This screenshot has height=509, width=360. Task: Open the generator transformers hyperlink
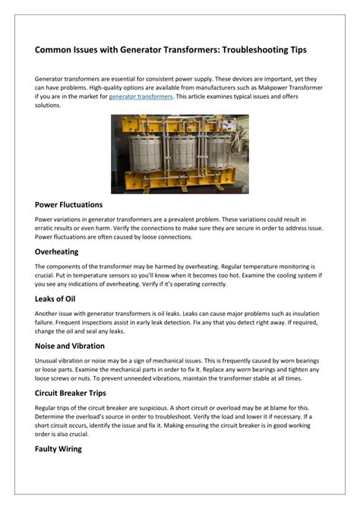pyautogui.click(x=141, y=97)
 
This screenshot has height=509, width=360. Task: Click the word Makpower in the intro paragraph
pyautogui.click(x=272, y=88)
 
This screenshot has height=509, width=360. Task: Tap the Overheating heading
pyautogui.click(x=57, y=251)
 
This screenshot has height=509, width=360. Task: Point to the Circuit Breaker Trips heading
pyautogui.click(x=81, y=393)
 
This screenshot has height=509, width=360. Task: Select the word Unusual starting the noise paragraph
pyautogui.click(x=48, y=360)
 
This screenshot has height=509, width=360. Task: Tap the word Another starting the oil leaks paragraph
pyautogui.click(x=49, y=313)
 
